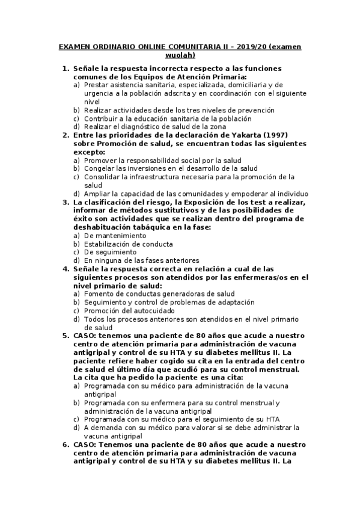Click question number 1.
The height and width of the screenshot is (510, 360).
66,69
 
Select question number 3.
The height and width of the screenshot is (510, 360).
66,203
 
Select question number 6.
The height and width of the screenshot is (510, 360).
66,444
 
